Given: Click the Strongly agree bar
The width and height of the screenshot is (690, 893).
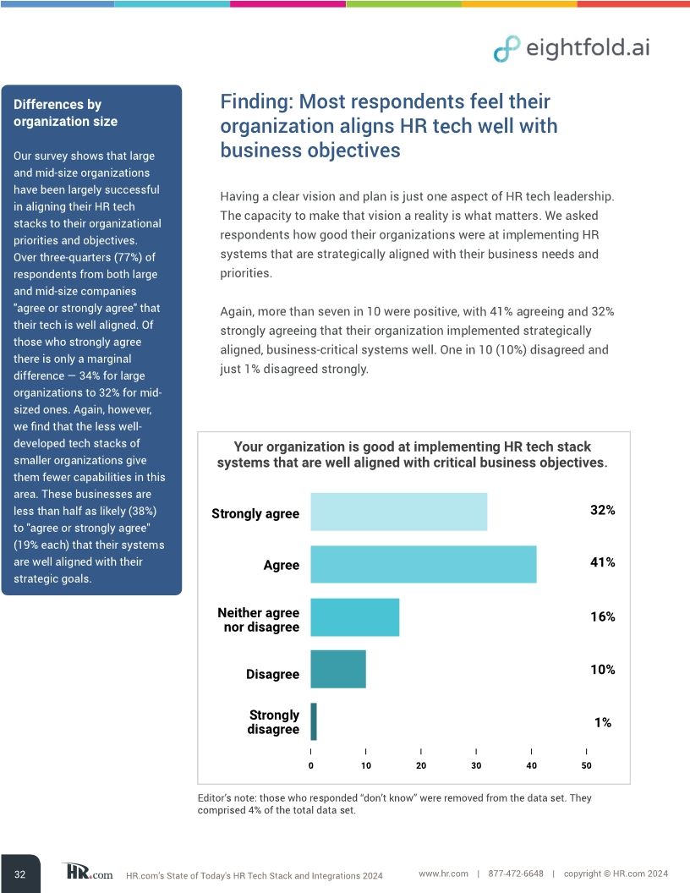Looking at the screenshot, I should (398, 512).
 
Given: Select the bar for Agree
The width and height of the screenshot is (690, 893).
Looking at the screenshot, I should (423, 564).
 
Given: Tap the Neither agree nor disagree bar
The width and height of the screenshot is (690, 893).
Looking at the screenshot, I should (354, 617).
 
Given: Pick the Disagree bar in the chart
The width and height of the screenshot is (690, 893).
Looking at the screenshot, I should (337, 669).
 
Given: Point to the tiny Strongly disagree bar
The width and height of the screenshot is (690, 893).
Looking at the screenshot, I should (314, 722).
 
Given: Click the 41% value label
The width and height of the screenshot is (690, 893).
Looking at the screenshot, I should (602, 562).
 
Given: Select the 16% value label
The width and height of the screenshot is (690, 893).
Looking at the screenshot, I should (602, 616).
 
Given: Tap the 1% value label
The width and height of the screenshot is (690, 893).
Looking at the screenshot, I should (602, 722).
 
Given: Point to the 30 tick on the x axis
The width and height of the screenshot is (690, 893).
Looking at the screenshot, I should (476, 765).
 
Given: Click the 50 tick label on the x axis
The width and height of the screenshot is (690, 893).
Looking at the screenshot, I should (586, 765).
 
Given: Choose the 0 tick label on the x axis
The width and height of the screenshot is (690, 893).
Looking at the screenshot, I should (311, 765).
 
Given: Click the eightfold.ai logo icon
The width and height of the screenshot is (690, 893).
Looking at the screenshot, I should (507, 48).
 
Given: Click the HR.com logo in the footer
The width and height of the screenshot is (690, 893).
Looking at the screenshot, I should (87, 872).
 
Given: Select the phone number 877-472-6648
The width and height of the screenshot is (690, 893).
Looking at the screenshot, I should (516, 874).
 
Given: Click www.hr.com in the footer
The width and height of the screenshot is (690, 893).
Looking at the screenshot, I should (443, 874).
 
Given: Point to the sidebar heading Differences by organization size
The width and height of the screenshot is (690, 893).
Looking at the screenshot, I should (65, 112).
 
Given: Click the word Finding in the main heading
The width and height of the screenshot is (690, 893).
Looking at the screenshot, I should (256, 102).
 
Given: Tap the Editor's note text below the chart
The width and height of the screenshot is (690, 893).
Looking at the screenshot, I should (393, 803).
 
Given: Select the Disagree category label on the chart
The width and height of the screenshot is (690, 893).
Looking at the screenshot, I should (272, 674).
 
